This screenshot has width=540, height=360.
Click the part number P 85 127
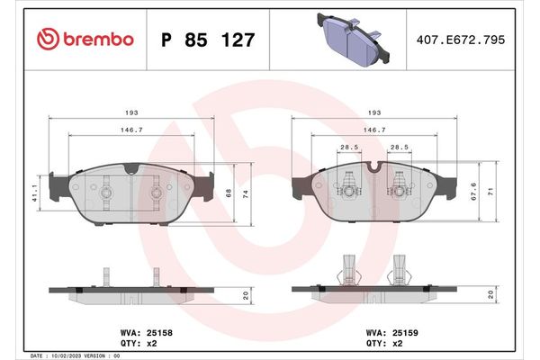(x=207, y=40)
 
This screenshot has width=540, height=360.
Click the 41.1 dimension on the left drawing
(x=33, y=191)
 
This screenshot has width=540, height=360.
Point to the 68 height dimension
(x=229, y=192)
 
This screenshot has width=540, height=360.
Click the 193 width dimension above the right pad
(x=371, y=113)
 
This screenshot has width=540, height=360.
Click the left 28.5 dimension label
(x=347, y=147)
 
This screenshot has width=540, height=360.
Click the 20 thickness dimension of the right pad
(x=490, y=294)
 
